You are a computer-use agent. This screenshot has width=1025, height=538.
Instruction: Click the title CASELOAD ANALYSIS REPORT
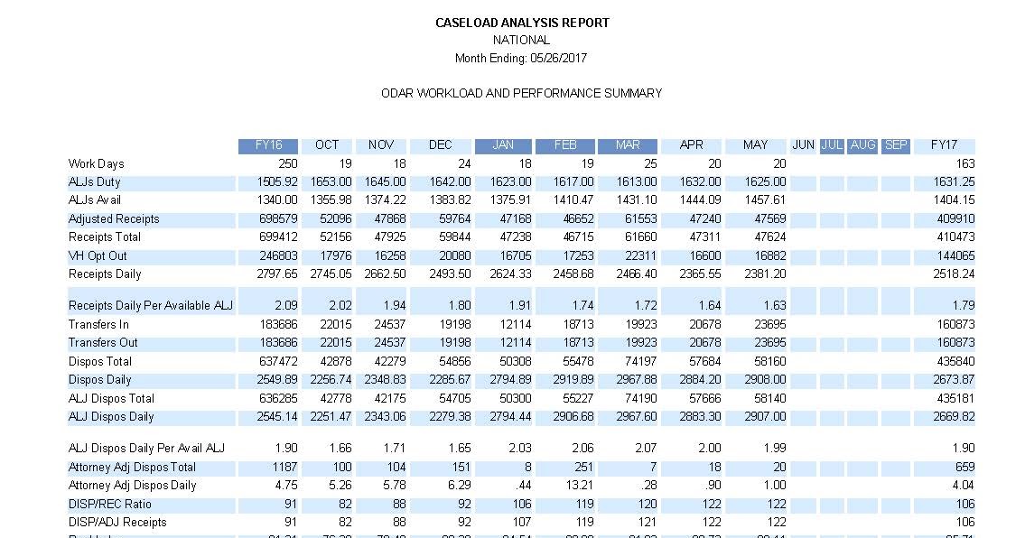pyautogui.click(x=522, y=23)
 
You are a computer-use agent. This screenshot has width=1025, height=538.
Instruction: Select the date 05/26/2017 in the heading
pyautogui.click(x=559, y=58)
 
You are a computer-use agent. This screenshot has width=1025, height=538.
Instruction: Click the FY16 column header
pyautogui.click(x=268, y=145)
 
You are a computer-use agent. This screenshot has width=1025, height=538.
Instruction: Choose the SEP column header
pyautogui.click(x=895, y=145)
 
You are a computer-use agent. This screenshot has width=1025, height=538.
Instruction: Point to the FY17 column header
pyautogui.click(x=944, y=145)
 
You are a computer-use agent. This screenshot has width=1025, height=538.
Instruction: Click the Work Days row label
pyautogui.click(x=96, y=164)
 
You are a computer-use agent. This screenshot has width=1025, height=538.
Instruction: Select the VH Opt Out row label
pyautogui.click(x=98, y=255)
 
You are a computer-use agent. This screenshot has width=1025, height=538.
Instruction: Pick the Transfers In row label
pyautogui.click(x=98, y=325)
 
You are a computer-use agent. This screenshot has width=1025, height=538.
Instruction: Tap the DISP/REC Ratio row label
pyautogui.click(x=110, y=504)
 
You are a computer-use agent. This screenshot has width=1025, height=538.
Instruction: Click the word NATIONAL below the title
pyautogui.click(x=521, y=41)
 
